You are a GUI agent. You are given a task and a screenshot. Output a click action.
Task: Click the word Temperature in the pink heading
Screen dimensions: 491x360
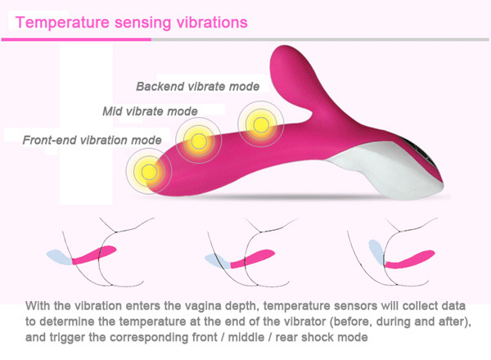[x=62, y=23]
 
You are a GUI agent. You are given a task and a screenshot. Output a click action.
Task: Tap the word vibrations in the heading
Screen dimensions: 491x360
[x=212, y=23]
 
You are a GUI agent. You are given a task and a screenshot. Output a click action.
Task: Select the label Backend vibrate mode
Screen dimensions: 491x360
[x=197, y=87]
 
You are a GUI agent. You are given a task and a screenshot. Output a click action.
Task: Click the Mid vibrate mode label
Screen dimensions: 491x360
[x=150, y=111]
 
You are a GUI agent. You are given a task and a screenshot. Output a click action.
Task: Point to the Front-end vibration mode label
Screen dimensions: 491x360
[x=92, y=140]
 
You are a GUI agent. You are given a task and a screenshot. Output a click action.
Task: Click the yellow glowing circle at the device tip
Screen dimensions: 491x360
[x=149, y=171]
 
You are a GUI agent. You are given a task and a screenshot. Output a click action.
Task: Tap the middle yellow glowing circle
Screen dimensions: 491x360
[x=199, y=141]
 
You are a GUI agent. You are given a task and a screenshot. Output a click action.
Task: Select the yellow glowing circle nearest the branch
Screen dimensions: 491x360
[x=261, y=124]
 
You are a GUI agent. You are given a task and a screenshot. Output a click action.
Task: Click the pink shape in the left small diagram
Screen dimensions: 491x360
[x=94, y=254]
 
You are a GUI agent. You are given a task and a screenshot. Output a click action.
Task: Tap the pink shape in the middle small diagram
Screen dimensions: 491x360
[x=252, y=259]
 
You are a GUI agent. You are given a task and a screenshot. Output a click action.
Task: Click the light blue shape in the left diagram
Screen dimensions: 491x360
[x=60, y=257]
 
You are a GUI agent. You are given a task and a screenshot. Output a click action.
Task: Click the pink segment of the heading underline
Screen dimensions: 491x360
[x=76, y=40]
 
